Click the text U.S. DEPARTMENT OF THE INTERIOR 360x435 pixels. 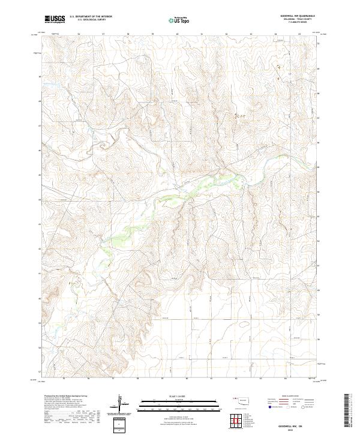[89, 17]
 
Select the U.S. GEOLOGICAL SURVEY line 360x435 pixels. [88, 20]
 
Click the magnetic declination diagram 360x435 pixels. [120, 403]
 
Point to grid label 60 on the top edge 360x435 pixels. [178, 34]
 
